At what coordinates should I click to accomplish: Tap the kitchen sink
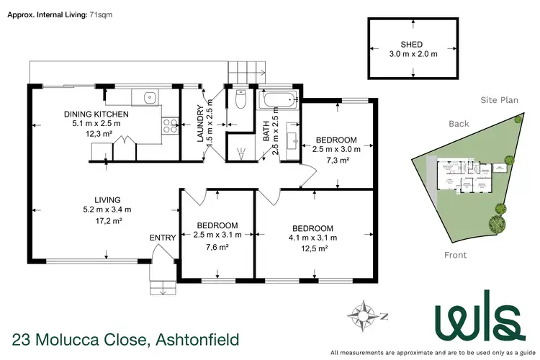[149, 96]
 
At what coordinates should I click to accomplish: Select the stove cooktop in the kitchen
[171, 126]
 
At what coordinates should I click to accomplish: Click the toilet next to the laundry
[241, 99]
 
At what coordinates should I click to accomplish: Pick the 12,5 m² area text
[313, 248]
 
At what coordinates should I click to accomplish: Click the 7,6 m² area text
[215, 248]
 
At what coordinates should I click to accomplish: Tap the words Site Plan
[500, 100]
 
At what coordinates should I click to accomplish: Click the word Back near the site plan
[459, 124]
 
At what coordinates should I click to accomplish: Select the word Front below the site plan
[454, 255]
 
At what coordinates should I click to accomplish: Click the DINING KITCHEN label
[96, 114]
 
